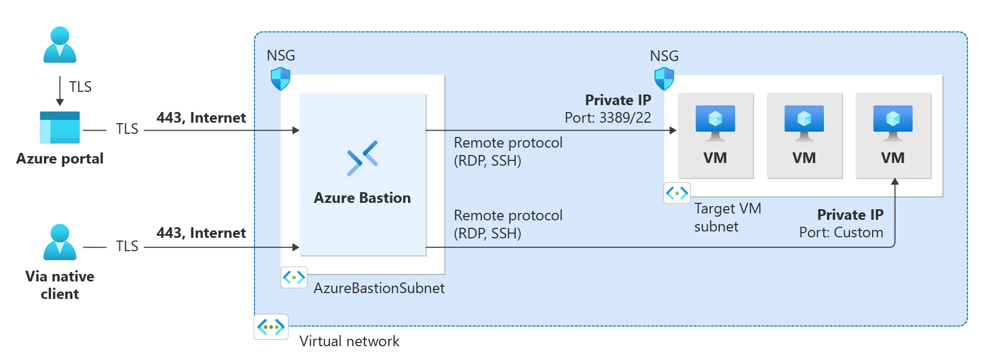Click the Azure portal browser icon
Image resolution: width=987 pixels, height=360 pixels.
click(59, 127)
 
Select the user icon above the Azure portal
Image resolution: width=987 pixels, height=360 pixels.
click(59, 45)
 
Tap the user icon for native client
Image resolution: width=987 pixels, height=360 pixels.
click(59, 242)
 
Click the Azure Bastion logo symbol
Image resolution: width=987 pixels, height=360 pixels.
click(362, 158)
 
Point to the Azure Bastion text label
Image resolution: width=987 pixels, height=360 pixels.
click(362, 198)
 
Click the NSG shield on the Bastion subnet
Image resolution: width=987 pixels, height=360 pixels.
click(280, 79)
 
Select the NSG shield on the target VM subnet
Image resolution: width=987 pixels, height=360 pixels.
click(664, 79)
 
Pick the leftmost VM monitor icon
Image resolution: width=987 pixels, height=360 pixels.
click(715, 123)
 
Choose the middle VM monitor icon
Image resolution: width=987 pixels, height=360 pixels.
click(804, 123)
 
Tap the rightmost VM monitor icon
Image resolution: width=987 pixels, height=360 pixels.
click(892, 123)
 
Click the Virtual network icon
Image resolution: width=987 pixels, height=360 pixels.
click(271, 327)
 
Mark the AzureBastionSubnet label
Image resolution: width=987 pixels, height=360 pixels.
click(379, 288)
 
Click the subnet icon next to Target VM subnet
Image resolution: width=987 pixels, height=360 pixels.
click(677, 193)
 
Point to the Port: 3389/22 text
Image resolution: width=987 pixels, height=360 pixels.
click(608, 118)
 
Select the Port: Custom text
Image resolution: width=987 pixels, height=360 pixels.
click(841, 233)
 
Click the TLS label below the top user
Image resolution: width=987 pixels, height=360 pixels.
click(80, 87)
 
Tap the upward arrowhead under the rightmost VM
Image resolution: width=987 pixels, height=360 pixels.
click(895, 182)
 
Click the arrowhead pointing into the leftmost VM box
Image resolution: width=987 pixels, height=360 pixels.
click(673, 130)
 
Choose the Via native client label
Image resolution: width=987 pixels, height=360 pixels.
click(59, 285)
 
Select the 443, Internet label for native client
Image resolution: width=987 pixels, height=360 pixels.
click(201, 233)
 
